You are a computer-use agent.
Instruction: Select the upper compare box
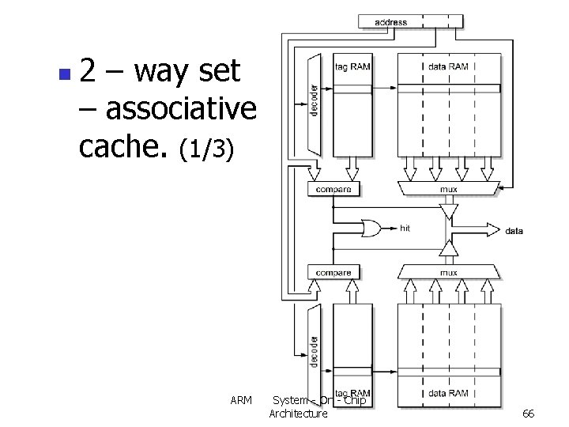tap(333, 189)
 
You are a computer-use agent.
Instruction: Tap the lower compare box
tap(333, 273)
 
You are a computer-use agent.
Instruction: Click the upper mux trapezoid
tap(448, 189)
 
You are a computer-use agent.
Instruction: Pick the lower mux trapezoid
tap(448, 273)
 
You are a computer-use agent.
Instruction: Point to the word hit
tap(405, 229)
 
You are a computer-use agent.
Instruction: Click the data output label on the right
tap(514, 231)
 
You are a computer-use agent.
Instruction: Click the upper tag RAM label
tap(352, 67)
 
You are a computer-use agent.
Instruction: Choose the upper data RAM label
tap(448, 67)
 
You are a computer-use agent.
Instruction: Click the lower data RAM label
tap(448, 393)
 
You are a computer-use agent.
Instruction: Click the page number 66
tap(529, 414)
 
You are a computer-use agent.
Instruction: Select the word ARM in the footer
tap(241, 400)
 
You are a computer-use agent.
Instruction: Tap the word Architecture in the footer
tap(298, 414)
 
